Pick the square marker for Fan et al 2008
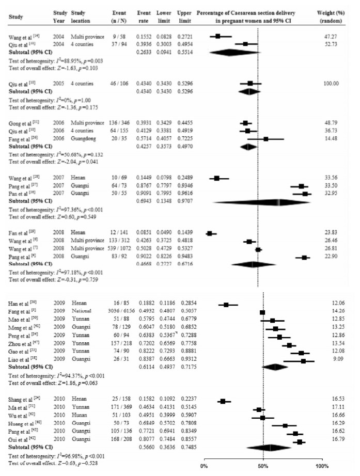(x=209, y=234)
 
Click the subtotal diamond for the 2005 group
(x=249, y=90)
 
